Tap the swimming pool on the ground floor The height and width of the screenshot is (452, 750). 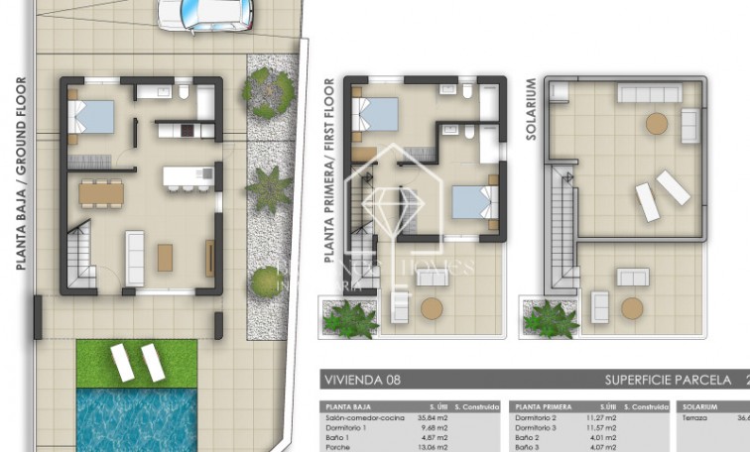pyautogui.click(x=137, y=416)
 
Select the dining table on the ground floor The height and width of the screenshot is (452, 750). pyautogui.click(x=101, y=191)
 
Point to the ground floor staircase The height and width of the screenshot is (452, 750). pyautogui.click(x=79, y=254)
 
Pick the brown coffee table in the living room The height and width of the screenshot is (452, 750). pyautogui.click(x=165, y=257)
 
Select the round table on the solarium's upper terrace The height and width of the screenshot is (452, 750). pyautogui.click(x=657, y=123)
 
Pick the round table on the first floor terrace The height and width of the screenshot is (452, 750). pyautogui.click(x=431, y=308)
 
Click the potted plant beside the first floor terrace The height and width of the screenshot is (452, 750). pyautogui.click(x=350, y=319)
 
